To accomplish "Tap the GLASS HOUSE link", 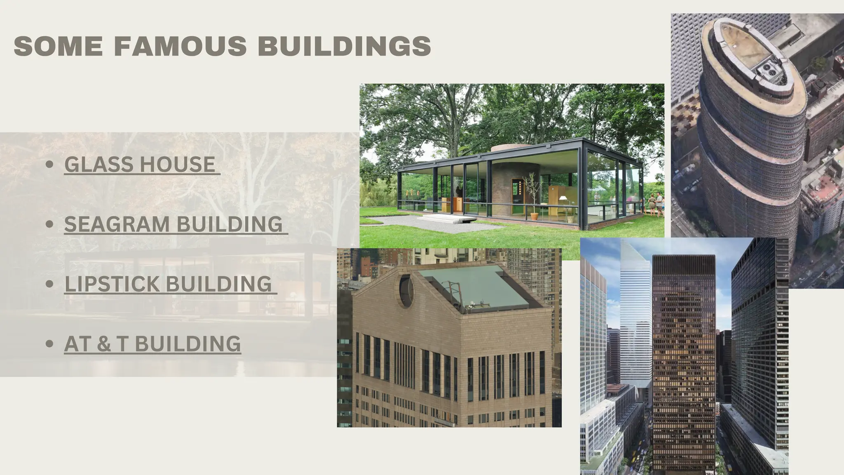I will [x=140, y=164].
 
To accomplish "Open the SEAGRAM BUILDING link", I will [x=173, y=224].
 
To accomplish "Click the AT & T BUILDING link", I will [x=152, y=344].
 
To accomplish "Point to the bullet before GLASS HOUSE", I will [x=50, y=165].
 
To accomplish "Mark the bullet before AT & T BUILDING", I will [x=50, y=344].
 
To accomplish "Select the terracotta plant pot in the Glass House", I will [x=534, y=216].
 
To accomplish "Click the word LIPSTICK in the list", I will [x=112, y=284].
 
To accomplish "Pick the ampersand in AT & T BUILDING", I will [x=104, y=344].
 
